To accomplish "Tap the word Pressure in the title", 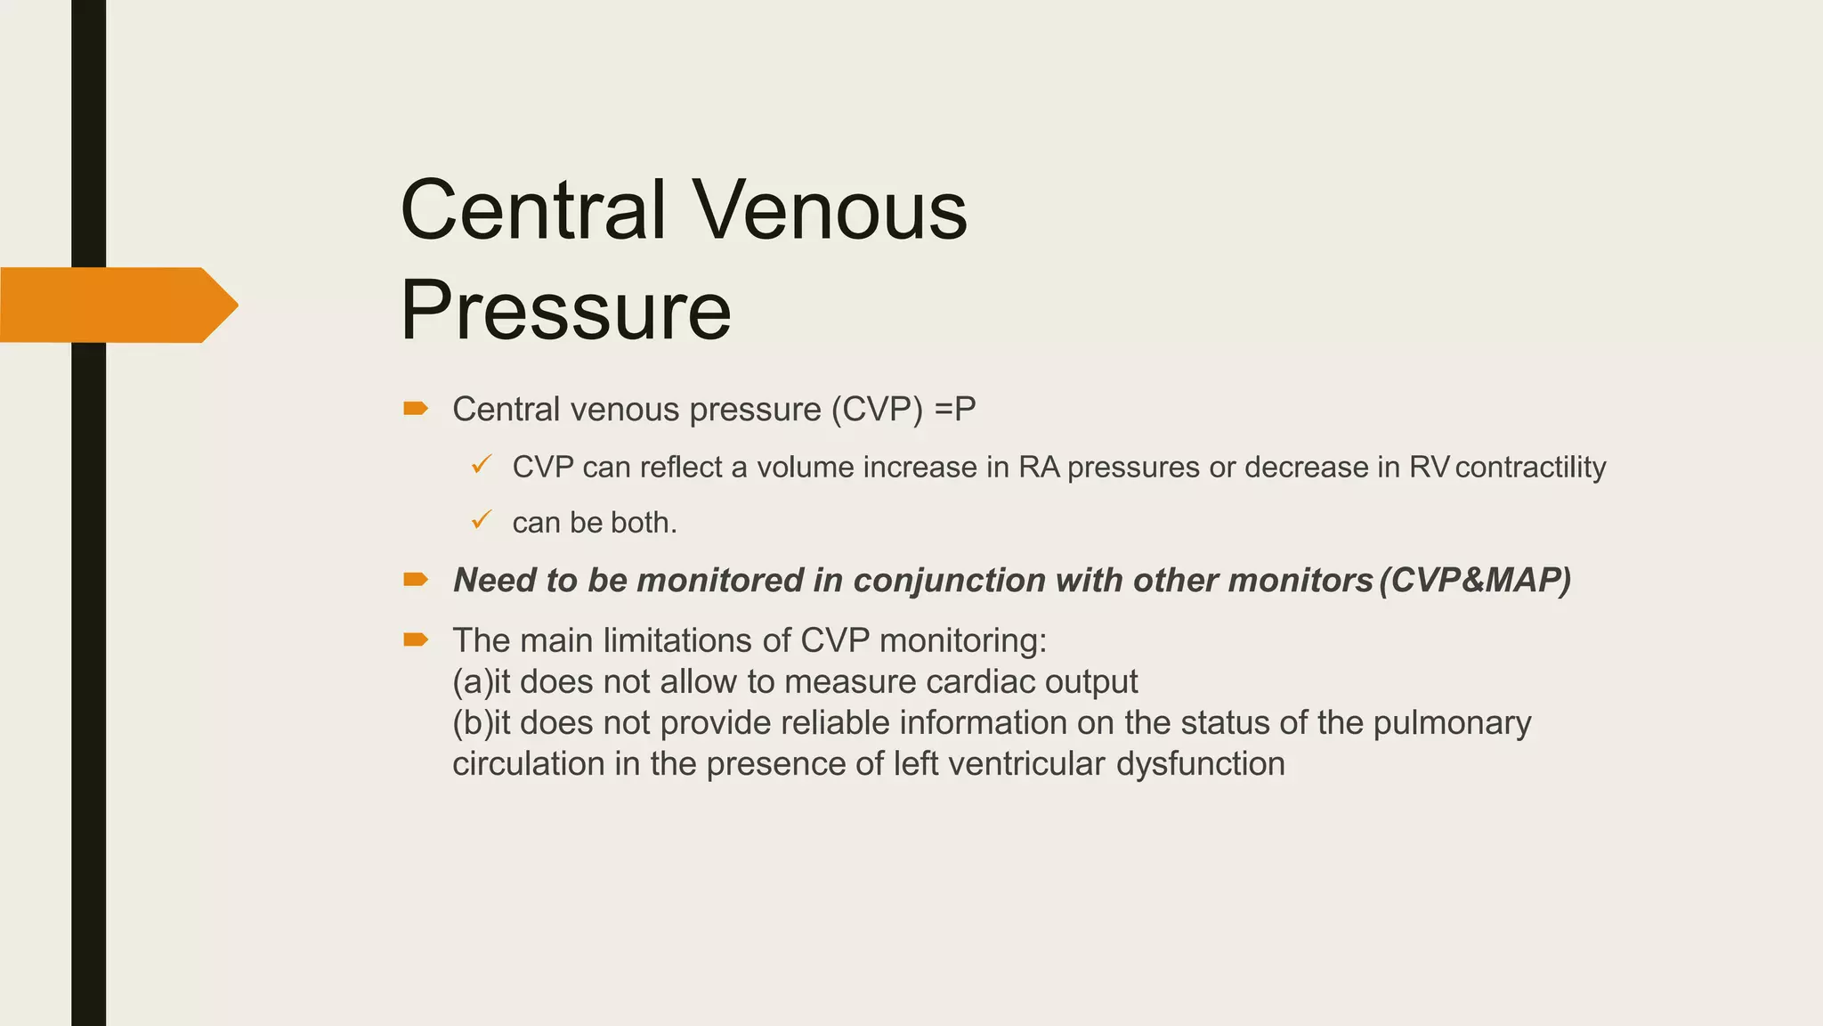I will pyautogui.click(x=566, y=310).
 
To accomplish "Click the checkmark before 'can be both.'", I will pyautogui.click(x=482, y=519).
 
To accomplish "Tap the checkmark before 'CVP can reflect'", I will pyautogui.click(x=482, y=464).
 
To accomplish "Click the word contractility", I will pyautogui.click(x=1530, y=468).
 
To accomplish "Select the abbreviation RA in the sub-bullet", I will pyautogui.click(x=1039, y=468).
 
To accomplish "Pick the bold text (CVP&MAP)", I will pyautogui.click(x=1475, y=581).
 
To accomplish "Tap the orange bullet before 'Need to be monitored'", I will pyautogui.click(x=416, y=580).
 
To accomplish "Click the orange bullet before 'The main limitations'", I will pyautogui.click(x=416, y=639).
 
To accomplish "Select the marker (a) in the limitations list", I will pyautogui.click(x=472, y=682).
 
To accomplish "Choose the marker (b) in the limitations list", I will pyautogui.click(x=472, y=723).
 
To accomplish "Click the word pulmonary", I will pyautogui.click(x=1452, y=723).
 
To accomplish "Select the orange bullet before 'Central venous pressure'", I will pyautogui.click(x=416, y=409).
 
